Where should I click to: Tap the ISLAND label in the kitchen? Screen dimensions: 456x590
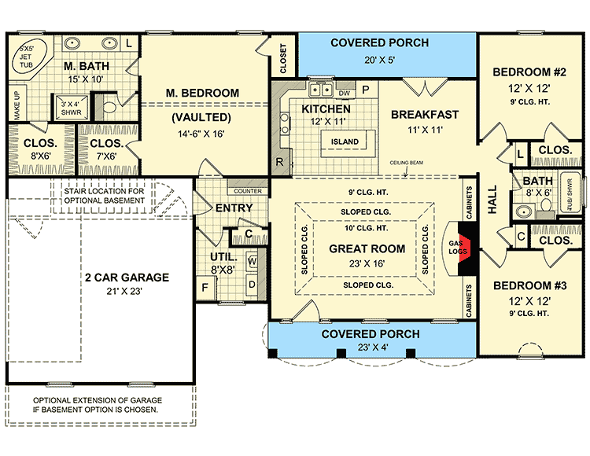click(345, 142)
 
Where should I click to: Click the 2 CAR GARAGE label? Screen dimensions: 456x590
click(125, 278)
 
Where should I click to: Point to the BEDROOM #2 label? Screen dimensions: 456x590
click(525, 73)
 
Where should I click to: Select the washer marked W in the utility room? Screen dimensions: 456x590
click(253, 262)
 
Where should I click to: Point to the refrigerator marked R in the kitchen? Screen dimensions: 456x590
click(279, 163)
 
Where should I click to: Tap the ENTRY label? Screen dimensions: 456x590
click(234, 208)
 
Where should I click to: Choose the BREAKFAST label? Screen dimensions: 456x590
click(425, 114)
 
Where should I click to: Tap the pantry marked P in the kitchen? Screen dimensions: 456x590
click(365, 90)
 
